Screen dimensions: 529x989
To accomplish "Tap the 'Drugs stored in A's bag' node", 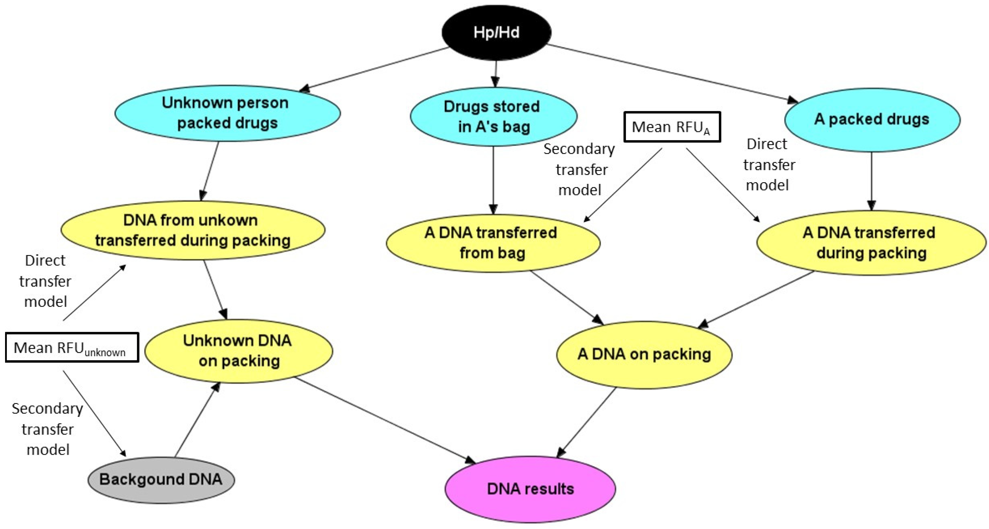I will [x=493, y=116].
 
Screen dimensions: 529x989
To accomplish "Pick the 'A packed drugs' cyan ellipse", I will [x=872, y=120].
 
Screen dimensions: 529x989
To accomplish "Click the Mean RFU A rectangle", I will [x=672, y=127].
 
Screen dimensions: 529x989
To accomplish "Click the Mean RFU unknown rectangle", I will [x=72, y=347].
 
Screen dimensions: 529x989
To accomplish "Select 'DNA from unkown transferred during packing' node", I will [x=193, y=230].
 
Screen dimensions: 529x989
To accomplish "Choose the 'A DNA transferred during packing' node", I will [x=871, y=243].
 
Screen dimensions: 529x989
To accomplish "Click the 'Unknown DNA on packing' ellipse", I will [x=238, y=351].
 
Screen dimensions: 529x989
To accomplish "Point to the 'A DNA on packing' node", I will [x=644, y=354].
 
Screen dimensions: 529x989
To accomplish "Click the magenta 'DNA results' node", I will [x=530, y=489].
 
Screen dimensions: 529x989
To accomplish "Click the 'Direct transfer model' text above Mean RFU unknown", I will [x=45, y=281].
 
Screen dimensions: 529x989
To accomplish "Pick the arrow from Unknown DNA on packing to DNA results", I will [x=384, y=420].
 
